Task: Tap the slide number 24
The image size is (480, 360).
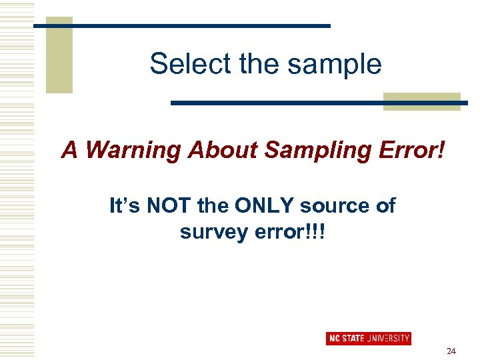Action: [451, 350]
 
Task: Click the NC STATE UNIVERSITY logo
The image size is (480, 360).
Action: [369, 338]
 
